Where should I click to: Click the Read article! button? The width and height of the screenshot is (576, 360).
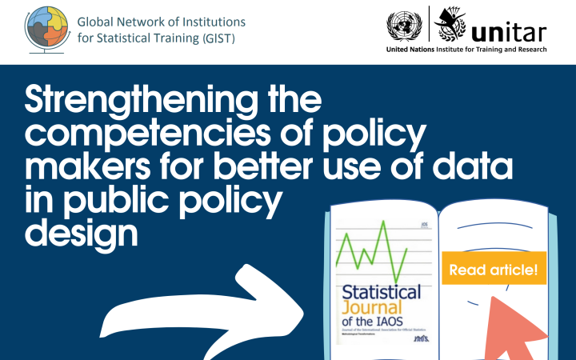click(493, 270)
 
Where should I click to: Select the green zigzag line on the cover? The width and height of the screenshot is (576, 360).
click(373, 249)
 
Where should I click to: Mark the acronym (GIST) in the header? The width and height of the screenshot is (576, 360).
click(216, 37)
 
